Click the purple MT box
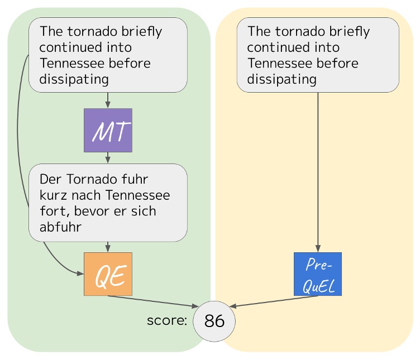pyautogui.click(x=108, y=131)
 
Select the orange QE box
pyautogui.click(x=108, y=274)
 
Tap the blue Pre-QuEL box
pyautogui.click(x=317, y=274)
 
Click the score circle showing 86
pyautogui.click(x=214, y=321)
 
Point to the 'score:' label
pyautogui.click(x=166, y=321)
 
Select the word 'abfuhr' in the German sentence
pyautogui.click(x=60, y=227)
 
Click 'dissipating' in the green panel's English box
pyautogui.click(x=74, y=79)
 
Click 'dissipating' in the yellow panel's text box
pyautogui.click(x=281, y=79)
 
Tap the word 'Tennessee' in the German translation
pyautogui.click(x=137, y=196)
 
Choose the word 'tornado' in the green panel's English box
pyautogui.click(x=85, y=31)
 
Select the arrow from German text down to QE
pyautogui.click(x=108, y=247)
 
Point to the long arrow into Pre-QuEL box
pyautogui.click(x=318, y=167)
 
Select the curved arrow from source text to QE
pyautogui.click(x=18, y=140)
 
